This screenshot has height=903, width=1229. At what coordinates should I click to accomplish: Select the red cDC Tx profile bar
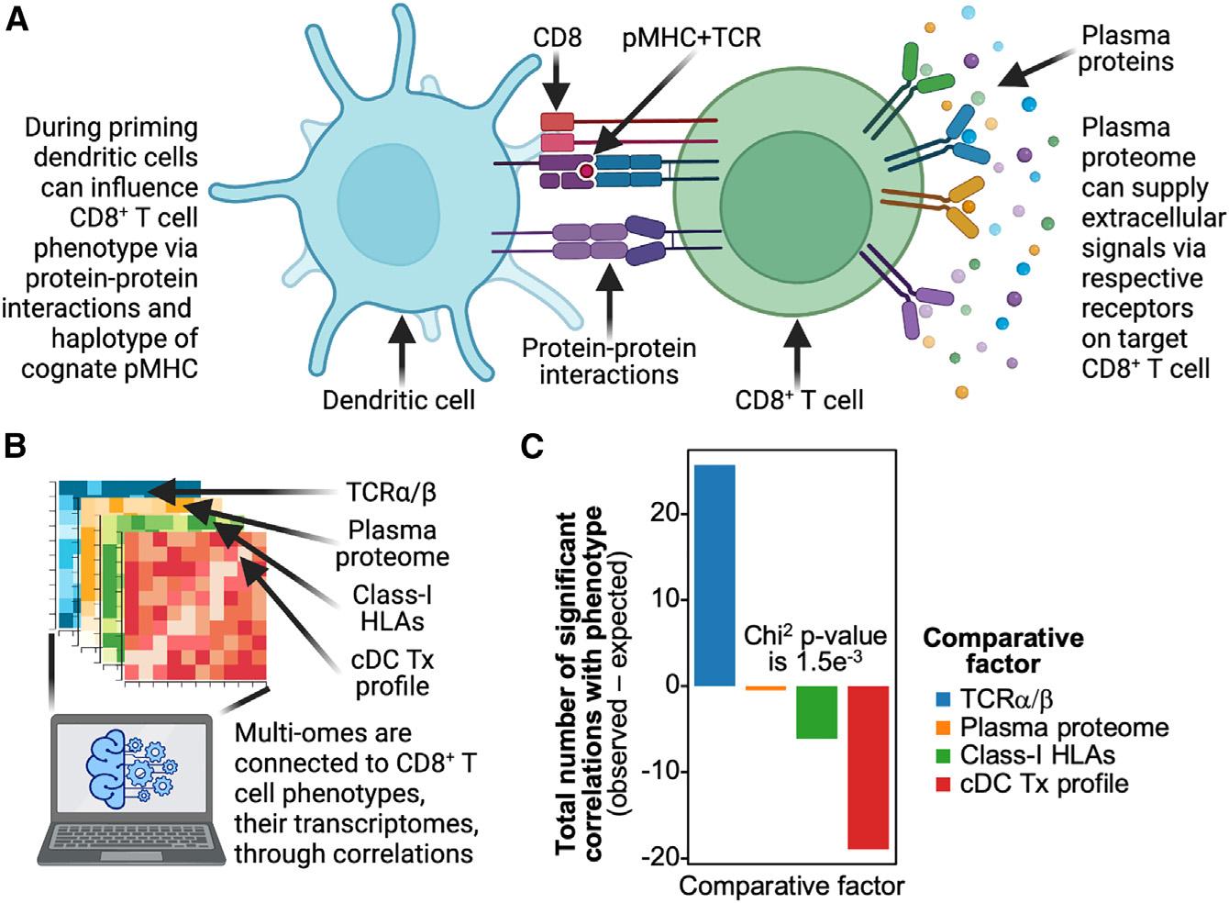coord(867,767)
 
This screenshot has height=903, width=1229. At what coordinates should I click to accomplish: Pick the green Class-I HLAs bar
coord(815,712)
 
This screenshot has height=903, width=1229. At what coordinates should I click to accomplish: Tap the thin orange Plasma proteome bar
coord(765,687)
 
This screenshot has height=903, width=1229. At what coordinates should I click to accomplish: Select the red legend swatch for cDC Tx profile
coord(943,784)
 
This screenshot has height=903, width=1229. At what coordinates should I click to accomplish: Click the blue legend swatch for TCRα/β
coord(943,700)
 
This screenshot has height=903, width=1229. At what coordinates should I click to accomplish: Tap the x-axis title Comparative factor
coord(792,886)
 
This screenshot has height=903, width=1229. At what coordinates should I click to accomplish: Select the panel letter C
coord(532,447)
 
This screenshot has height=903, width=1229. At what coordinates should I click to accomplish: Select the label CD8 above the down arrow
coord(558,39)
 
